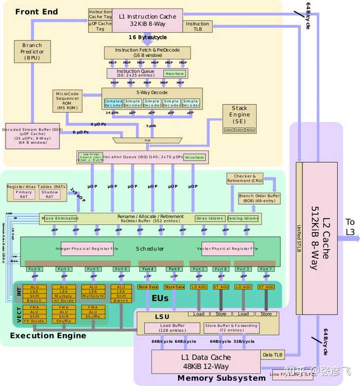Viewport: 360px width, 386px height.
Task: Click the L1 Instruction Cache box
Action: (x=147, y=20)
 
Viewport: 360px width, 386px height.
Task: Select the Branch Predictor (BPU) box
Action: (x=32, y=51)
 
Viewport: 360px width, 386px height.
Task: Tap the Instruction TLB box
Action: (x=197, y=26)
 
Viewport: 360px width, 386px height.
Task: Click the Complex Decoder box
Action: (x=113, y=102)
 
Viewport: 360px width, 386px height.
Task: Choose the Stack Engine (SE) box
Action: (x=239, y=118)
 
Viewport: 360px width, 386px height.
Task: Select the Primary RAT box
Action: (x=23, y=194)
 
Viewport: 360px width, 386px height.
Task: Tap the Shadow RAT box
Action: (x=49, y=194)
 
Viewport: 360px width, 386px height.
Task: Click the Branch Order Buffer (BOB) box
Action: (x=259, y=198)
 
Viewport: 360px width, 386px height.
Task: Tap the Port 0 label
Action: (x=35, y=269)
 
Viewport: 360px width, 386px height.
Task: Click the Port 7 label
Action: (x=266, y=269)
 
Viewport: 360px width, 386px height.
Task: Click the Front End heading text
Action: (x=36, y=11)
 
